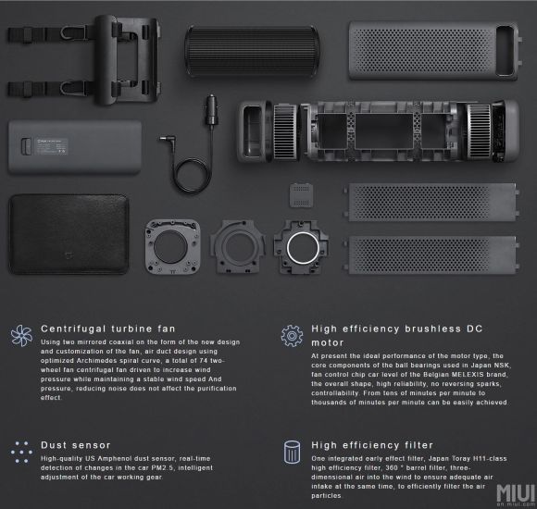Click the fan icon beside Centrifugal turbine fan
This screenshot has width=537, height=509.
21,335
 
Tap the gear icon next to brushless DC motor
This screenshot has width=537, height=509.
292,336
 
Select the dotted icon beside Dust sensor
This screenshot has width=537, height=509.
21,452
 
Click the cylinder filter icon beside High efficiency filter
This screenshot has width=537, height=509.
293,453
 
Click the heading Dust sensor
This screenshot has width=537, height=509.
76,445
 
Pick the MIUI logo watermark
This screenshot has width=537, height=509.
516,494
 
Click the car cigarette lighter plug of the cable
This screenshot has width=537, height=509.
211,110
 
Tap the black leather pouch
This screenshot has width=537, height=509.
69,234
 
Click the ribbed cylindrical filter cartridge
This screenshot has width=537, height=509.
252,51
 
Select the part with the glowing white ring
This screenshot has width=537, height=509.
302,247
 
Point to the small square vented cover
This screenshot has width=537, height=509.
301,195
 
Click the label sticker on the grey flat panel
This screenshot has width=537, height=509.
51,146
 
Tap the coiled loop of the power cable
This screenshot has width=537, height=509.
191,175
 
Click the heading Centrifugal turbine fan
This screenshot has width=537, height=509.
108,329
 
